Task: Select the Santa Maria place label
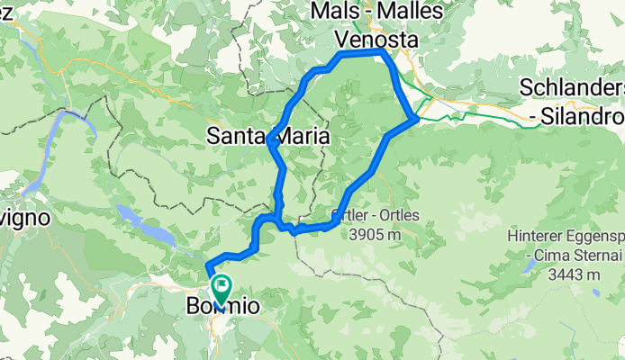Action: tap(267, 137)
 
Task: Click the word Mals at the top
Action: tap(335, 12)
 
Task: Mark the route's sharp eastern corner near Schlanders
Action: tap(414, 117)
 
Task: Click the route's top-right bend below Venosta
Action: tap(384, 53)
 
